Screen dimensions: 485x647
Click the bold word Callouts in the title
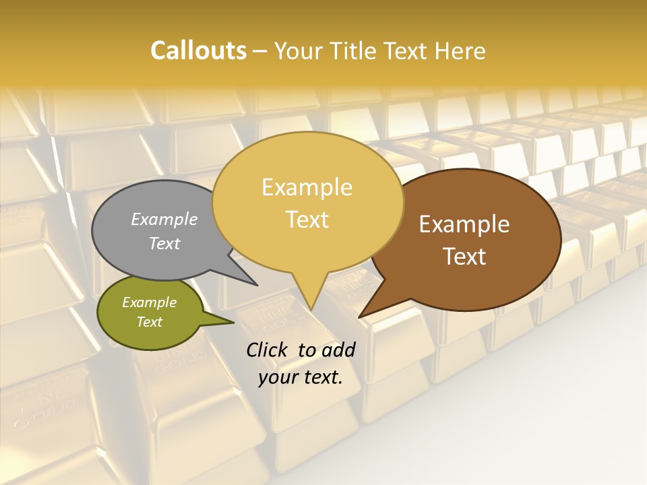click(198, 51)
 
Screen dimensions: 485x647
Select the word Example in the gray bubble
click(164, 219)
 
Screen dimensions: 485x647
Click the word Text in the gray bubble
click(164, 243)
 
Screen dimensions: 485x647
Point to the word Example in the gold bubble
click(307, 187)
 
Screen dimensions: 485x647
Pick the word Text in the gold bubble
click(307, 219)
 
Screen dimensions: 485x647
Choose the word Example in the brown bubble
click(464, 224)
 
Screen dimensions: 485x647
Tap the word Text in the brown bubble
click(464, 256)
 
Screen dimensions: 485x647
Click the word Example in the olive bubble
click(149, 302)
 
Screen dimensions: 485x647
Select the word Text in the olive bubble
click(149, 322)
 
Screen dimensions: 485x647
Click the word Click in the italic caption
click(268, 350)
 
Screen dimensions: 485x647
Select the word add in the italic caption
click(339, 350)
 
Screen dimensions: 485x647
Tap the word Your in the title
click(298, 51)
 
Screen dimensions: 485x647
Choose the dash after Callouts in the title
click(261, 51)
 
